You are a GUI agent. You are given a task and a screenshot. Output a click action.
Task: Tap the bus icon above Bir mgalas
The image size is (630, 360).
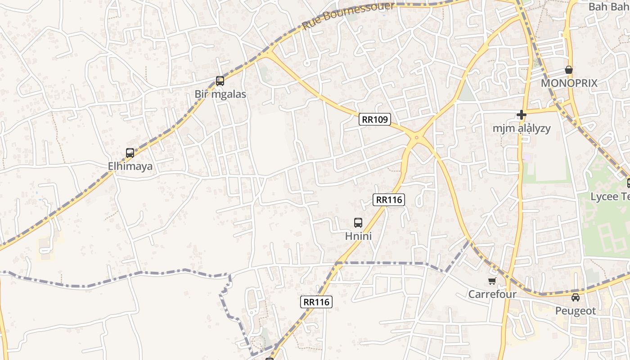220,81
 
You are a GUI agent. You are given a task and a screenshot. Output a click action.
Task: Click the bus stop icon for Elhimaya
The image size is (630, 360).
130,153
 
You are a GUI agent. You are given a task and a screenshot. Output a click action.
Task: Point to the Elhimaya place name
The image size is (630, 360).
130,166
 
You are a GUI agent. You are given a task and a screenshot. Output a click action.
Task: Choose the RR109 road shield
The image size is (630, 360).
375,119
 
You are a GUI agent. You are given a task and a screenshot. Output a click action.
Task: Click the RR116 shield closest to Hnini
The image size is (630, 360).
389,199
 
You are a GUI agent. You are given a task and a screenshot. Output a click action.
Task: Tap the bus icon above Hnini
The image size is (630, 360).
358,222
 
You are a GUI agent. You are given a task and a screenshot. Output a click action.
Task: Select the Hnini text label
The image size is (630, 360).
358,236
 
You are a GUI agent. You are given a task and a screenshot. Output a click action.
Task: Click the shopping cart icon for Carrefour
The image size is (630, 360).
492,281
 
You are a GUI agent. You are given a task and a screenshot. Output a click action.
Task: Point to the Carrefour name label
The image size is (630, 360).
492,294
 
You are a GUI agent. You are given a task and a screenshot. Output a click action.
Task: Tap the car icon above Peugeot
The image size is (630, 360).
576,297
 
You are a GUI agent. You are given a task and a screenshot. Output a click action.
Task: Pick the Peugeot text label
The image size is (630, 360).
576,311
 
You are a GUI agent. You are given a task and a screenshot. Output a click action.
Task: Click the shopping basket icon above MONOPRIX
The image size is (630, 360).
569,70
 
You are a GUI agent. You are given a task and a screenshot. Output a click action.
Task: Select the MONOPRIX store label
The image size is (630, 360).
569,83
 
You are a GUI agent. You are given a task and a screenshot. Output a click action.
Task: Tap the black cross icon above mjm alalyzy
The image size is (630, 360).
522,115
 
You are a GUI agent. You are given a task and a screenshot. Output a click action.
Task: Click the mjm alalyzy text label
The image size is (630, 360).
522,128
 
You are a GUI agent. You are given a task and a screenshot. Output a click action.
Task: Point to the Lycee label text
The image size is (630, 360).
610,197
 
